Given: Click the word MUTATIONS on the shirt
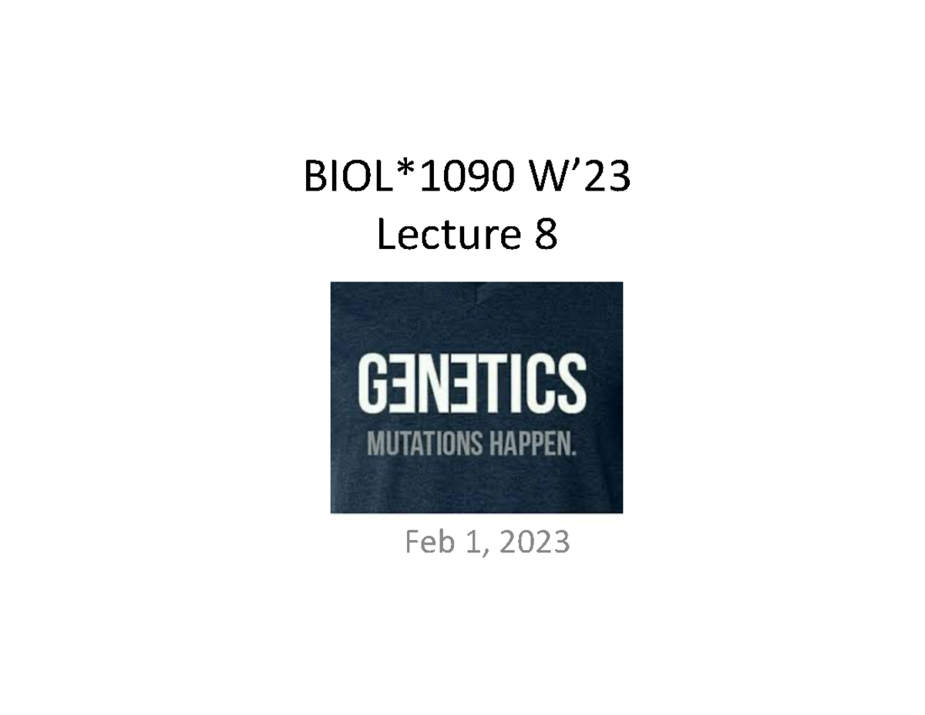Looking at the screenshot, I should point(417,445).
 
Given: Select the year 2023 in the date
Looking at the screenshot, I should point(534,543).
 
